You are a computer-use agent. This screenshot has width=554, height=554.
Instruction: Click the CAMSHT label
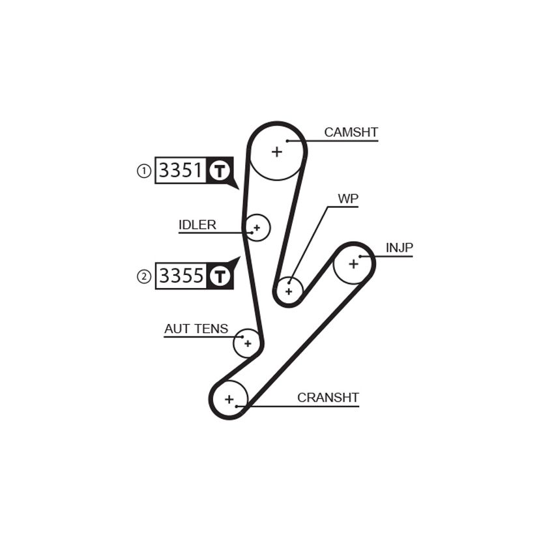pos(351,132)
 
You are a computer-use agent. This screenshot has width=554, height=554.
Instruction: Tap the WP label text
pos(348,199)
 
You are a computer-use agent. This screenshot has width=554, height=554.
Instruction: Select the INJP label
pos(400,248)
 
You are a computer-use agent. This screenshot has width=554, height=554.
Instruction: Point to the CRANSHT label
pos(328,398)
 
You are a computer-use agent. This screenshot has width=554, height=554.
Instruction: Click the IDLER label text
pos(197,225)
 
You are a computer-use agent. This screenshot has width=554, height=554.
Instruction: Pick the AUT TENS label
pos(196,328)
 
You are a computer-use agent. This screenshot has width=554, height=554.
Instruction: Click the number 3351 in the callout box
pos(181,170)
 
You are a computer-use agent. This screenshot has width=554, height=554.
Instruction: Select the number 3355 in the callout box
pos(181,276)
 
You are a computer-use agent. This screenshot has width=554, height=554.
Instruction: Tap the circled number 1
pos(144,171)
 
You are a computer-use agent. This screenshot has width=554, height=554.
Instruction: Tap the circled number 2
pos(144,276)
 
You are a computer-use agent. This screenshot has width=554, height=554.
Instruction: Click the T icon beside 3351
pos(220,171)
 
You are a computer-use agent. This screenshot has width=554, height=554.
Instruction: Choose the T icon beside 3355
pos(220,276)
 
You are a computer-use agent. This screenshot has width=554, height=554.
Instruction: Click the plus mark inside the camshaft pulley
pos(277,152)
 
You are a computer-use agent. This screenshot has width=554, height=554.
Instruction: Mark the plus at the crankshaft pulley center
pos(229,400)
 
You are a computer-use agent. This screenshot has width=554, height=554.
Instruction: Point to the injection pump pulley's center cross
pos(353,263)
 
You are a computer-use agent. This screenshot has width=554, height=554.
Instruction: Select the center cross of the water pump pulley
pos(289,291)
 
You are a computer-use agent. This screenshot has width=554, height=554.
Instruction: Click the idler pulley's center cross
pos(257,227)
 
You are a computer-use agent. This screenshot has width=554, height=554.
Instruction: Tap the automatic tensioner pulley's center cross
pos(248,343)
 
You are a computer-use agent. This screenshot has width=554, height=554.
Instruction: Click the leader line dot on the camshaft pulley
pos(287,141)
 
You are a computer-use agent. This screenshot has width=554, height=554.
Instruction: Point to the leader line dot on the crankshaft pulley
pos(237,406)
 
